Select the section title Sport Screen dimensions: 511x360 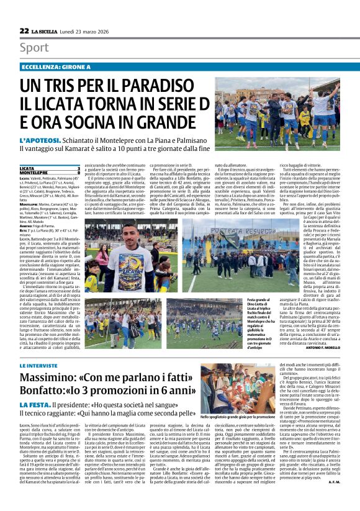34,48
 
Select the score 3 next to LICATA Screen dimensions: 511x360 79,168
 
